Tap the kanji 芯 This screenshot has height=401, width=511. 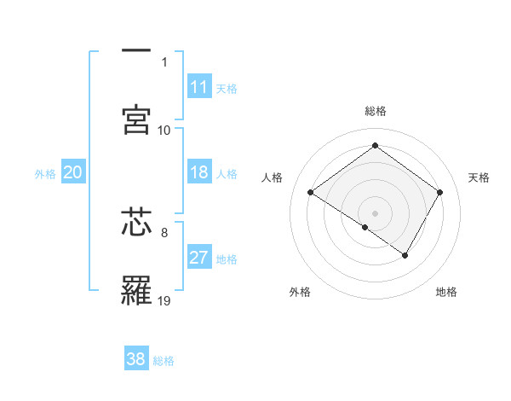137,221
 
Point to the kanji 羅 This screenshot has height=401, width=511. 137,292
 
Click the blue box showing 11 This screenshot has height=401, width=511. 198,87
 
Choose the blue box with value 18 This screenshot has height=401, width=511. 198,173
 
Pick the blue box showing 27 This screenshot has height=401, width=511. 198,259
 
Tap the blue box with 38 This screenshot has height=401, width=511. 136,359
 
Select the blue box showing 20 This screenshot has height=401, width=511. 72,173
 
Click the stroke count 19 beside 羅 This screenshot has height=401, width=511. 164,300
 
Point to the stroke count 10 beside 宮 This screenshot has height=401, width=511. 164,130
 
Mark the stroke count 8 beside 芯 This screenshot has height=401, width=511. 164,230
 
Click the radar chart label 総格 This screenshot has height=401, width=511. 375,111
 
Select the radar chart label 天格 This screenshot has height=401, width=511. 479,177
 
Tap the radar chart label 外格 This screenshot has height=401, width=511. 300,292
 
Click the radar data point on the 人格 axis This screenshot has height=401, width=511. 311,193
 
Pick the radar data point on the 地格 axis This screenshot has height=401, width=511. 405,255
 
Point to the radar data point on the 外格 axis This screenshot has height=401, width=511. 365,227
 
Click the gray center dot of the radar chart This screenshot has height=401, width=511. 375,212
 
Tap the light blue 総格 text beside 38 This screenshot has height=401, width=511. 164,361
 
